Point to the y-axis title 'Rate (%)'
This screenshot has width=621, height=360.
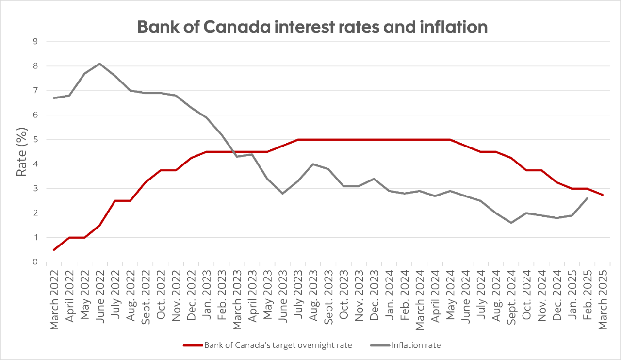click(22, 152)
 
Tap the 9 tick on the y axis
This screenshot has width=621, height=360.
click(35, 42)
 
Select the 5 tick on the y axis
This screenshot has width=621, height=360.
click(35, 140)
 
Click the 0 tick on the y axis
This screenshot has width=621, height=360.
click(35, 262)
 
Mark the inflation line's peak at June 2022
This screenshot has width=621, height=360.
click(99, 64)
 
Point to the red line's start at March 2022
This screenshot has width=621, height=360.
click(54, 250)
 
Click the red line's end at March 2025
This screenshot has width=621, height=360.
click(603, 195)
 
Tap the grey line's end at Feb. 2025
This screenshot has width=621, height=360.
click(588, 198)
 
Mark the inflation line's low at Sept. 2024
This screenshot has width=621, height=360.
click(511, 223)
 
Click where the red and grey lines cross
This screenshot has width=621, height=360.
click(230, 152)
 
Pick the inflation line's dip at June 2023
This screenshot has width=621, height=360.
click(282, 194)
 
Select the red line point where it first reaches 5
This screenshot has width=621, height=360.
click(298, 140)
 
